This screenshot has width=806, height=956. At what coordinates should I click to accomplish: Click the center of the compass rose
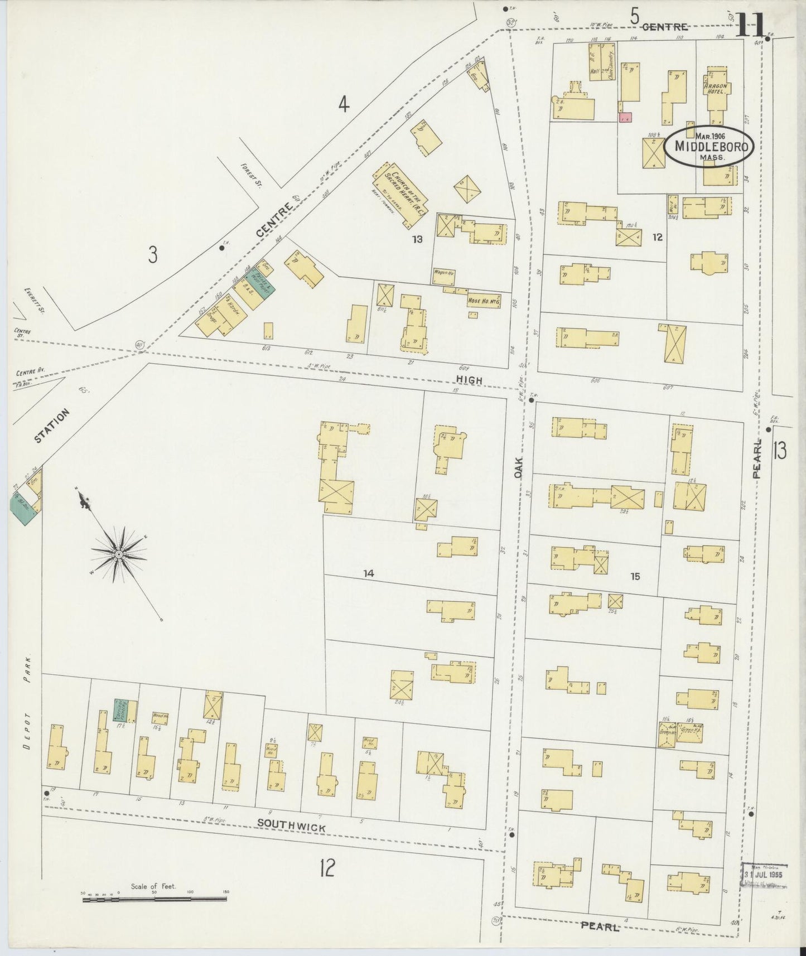point(119,554)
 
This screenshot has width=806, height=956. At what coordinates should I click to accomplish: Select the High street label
point(471,379)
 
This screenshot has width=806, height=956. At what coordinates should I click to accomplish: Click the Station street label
point(52,425)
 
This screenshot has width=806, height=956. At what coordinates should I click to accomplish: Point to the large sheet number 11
point(749,24)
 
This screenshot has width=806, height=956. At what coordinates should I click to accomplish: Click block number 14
point(368,573)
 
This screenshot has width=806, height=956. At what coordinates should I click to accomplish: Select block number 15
point(635,577)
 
